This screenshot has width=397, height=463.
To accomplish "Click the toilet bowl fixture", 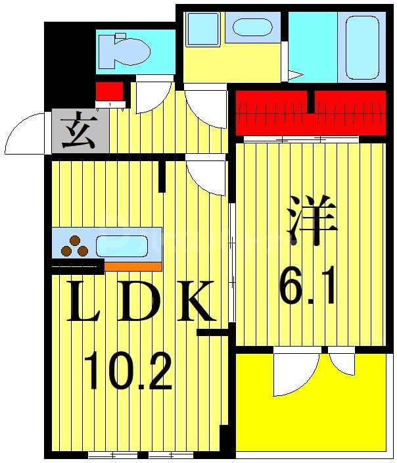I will pyautogui.click(x=125, y=49).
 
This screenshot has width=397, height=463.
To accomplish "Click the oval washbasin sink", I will pyautogui.click(x=253, y=28).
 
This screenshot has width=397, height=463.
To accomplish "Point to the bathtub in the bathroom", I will pyautogui.click(x=362, y=47).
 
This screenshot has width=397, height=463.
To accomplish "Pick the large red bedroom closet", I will pyautogui.click(x=310, y=112).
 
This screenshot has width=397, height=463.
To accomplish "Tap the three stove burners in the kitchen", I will pyautogui.click(x=74, y=246).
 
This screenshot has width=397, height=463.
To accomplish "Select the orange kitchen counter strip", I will pyautogui.click(x=132, y=266).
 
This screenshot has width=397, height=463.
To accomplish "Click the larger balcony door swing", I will pyautogui.click(x=294, y=375).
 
